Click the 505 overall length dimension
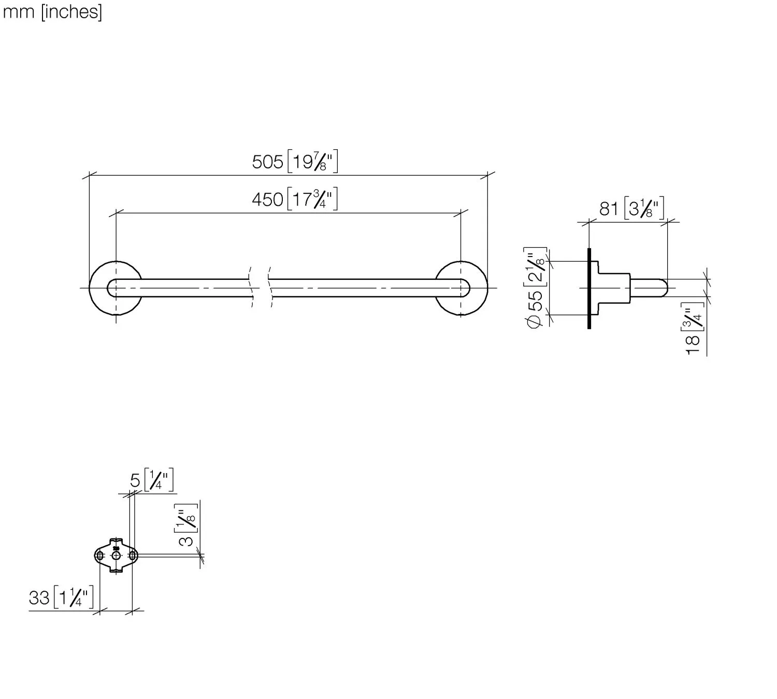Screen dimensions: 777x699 268,162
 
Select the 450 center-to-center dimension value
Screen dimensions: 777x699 267,199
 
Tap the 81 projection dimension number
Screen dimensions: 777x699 609,209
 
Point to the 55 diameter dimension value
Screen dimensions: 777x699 536,300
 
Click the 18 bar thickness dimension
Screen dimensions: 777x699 693,345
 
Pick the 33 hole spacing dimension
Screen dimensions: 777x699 39,597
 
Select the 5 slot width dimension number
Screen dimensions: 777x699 135,481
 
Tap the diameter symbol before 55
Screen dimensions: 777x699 535,321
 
